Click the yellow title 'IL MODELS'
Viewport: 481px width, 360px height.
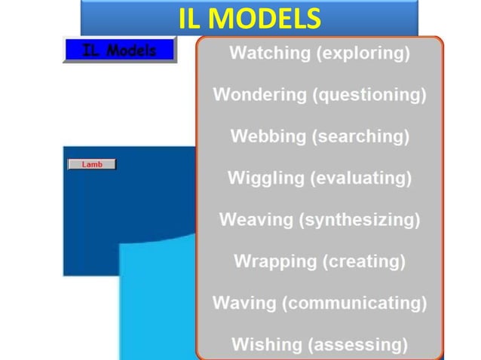coord(250,18)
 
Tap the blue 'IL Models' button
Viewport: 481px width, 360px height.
coord(119,50)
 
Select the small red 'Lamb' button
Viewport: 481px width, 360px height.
coord(92,164)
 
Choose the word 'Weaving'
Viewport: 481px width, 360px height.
coord(256,220)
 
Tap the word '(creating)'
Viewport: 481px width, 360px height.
coord(365,261)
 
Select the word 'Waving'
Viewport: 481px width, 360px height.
coord(246,303)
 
